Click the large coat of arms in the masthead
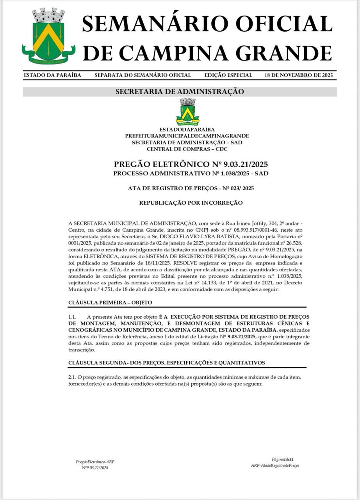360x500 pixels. pos(48,36)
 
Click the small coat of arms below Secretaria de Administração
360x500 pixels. pos(187,112)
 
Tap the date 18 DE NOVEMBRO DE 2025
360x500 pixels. pos(299,75)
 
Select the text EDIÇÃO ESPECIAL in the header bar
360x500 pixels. pos(228,75)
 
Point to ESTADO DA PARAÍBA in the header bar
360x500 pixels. pos(52,75)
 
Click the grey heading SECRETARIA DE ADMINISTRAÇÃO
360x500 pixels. pos(180,92)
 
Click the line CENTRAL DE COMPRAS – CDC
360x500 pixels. pos(187,149)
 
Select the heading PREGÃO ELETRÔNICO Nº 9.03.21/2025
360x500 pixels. pos(191,164)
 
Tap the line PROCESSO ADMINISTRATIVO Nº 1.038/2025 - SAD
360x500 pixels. pos(191,173)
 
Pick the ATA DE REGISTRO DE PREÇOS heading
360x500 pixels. pos(191,188)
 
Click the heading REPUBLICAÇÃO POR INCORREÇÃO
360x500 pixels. pos(191,203)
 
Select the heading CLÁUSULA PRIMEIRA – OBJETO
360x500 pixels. pos(110,303)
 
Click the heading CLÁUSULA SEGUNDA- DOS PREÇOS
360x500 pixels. pos(167,363)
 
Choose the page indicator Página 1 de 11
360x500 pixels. pos(283,459)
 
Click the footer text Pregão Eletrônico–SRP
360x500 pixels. pos(95,462)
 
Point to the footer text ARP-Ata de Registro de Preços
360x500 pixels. pos(275,465)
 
